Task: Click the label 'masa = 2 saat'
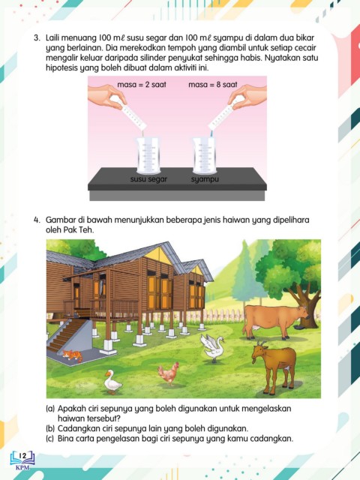point(142,85)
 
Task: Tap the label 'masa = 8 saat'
point(213,85)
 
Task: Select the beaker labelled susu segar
point(148,155)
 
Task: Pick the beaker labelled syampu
point(205,155)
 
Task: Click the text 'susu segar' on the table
point(148,179)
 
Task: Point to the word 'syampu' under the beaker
point(205,179)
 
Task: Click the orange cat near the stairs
point(72,355)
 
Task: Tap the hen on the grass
point(168,373)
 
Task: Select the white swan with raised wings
point(212,347)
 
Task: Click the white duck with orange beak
point(112,382)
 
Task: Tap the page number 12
point(22,456)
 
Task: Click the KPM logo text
point(22,467)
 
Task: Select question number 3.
point(37,38)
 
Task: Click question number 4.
point(37,220)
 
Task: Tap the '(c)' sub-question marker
point(50,438)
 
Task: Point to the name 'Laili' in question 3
point(52,38)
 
